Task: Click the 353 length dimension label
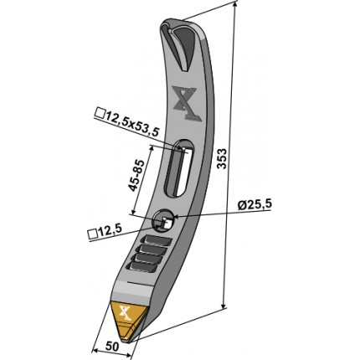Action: (222, 158)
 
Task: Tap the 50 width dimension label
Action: (112, 347)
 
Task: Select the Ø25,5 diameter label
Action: (255, 205)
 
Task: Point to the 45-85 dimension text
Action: (137, 175)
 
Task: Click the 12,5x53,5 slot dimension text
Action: (131, 123)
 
